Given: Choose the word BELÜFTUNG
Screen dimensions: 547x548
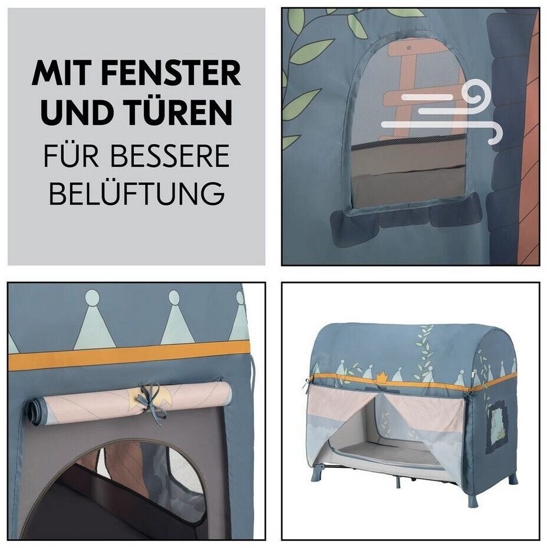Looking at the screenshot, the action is tap(137, 193).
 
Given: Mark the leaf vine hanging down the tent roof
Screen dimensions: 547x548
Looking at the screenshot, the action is tap(424, 353).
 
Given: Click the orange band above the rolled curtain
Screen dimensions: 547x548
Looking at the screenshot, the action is tap(129, 355).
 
